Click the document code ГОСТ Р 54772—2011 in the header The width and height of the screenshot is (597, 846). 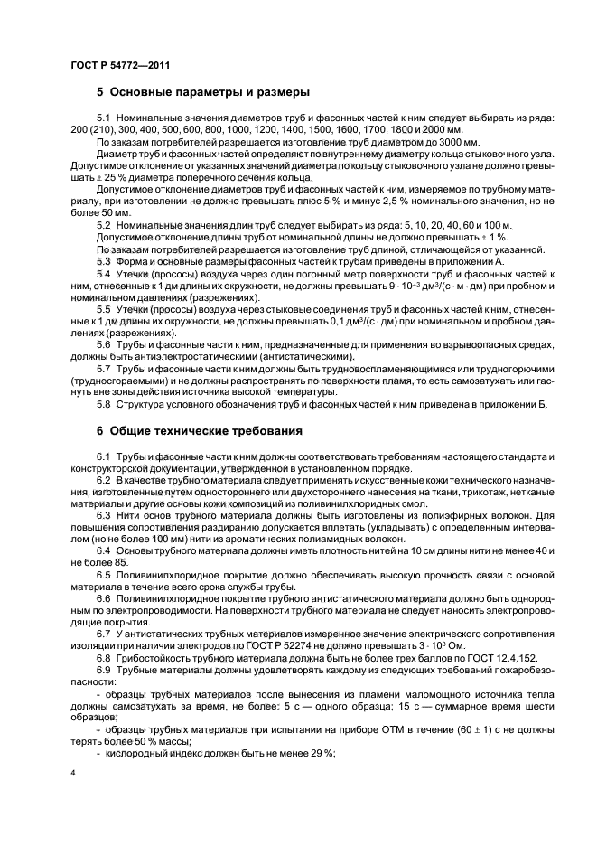tap(120, 66)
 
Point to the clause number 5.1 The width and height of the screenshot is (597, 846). tap(103, 118)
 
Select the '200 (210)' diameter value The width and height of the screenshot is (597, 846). tap(91, 131)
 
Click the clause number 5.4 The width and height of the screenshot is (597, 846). tap(103, 273)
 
